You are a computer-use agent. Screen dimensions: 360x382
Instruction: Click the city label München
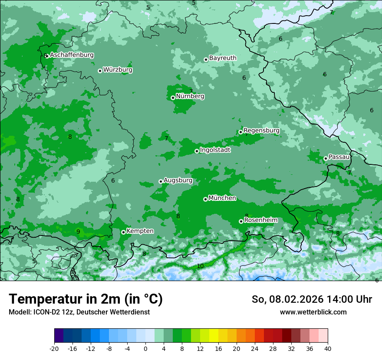click(222, 198)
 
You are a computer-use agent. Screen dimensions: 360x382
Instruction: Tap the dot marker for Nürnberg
click(173, 98)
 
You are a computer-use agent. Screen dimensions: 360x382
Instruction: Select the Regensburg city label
click(261, 131)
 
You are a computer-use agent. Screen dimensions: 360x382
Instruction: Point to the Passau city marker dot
click(326, 158)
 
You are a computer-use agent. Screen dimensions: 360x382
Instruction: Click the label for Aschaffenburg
click(72, 55)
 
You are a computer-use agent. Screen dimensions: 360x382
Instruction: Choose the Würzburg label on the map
click(118, 70)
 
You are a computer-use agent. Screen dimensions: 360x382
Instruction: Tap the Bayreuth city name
click(223, 58)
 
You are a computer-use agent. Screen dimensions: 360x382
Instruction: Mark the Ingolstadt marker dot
click(197, 151)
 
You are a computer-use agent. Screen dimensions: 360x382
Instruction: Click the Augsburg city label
click(178, 180)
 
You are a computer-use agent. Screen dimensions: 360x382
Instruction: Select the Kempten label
click(140, 231)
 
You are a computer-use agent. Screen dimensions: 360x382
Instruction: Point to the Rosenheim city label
click(260, 220)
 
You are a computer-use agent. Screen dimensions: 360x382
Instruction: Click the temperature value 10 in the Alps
click(200, 266)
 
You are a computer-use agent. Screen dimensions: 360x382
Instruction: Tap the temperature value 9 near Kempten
click(78, 232)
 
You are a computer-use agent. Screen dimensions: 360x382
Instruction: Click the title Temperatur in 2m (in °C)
click(86, 299)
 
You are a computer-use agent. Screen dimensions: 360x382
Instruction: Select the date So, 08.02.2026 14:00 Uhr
click(312, 299)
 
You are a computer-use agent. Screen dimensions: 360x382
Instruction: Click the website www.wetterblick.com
click(313, 312)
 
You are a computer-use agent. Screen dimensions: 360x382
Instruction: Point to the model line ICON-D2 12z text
click(79, 312)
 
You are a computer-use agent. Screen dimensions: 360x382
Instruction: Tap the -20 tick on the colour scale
click(54, 348)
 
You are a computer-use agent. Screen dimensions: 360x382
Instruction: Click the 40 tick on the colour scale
click(328, 348)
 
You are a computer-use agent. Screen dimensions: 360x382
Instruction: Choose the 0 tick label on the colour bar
click(145, 348)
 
